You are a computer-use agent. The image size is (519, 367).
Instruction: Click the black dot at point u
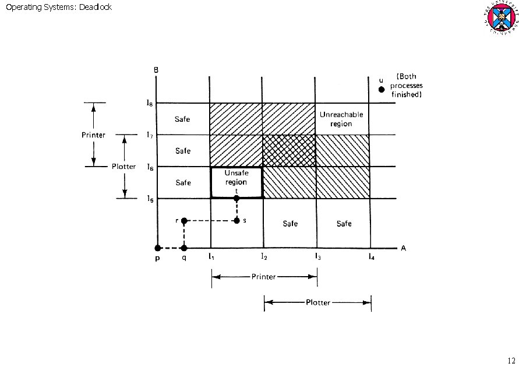pyautogui.click(x=382, y=89)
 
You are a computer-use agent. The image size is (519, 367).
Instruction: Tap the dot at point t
pyautogui.click(x=236, y=199)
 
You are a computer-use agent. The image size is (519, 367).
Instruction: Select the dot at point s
pyautogui.click(x=236, y=221)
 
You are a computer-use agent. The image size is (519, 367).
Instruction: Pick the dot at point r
pyautogui.click(x=184, y=221)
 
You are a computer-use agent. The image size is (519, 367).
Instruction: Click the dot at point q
pyautogui.click(x=184, y=248)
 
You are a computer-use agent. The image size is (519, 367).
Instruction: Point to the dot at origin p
pyautogui.click(x=157, y=248)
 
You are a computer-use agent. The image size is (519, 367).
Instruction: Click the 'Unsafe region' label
pyautogui.click(x=236, y=178)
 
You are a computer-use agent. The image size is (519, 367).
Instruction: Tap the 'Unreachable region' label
pyautogui.click(x=341, y=119)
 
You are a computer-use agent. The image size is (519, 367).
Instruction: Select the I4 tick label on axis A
pyautogui.click(x=370, y=257)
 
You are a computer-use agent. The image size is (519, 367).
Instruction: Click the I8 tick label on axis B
pyautogui.click(x=150, y=104)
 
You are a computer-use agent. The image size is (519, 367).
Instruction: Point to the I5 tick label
pyautogui.click(x=150, y=199)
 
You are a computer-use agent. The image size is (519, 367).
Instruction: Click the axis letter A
pyautogui.click(x=403, y=248)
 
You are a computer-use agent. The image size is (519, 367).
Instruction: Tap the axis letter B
pyautogui.click(x=156, y=70)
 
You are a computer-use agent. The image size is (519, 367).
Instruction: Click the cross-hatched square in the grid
pyautogui.click(x=289, y=151)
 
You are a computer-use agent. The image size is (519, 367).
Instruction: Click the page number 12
pyautogui.click(x=511, y=359)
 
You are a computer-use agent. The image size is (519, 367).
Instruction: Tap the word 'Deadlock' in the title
pyautogui.click(x=95, y=7)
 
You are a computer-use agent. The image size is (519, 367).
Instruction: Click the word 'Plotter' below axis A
pyautogui.click(x=317, y=302)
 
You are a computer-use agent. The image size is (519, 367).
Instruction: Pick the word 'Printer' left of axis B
pyautogui.click(x=93, y=135)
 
